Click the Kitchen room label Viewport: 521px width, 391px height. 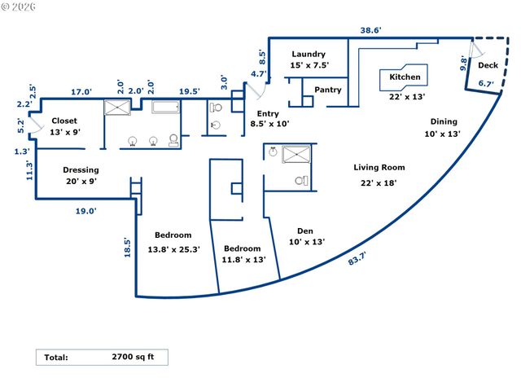[x=405, y=77]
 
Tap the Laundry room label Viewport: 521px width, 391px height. [x=308, y=55]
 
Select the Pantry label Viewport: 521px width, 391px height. [x=327, y=90]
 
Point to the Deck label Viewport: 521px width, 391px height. [x=488, y=65]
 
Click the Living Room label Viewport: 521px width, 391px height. [x=379, y=168]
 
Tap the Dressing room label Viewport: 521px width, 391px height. [x=81, y=170]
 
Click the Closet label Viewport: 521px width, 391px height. [x=63, y=121]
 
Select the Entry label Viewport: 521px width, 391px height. [x=268, y=113]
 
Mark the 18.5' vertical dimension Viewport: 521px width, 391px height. [x=127, y=248]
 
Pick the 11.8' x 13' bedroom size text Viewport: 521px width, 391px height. [x=243, y=261]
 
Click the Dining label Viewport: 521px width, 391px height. [x=444, y=122]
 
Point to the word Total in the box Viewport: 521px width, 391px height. [x=56, y=357]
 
